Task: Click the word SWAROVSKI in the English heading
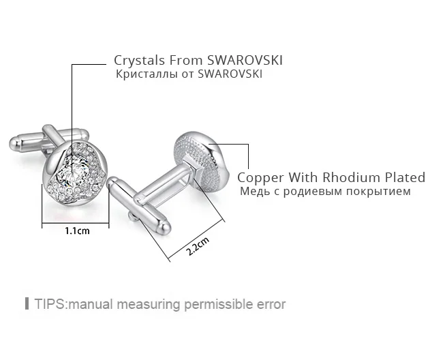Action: [245, 60]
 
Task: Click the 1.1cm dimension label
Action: [77, 231]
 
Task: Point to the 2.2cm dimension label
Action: [198, 245]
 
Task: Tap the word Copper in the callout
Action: [260, 179]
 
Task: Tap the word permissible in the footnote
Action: [219, 305]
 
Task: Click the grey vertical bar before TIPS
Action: [27, 303]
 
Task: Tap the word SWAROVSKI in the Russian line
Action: [230, 74]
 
